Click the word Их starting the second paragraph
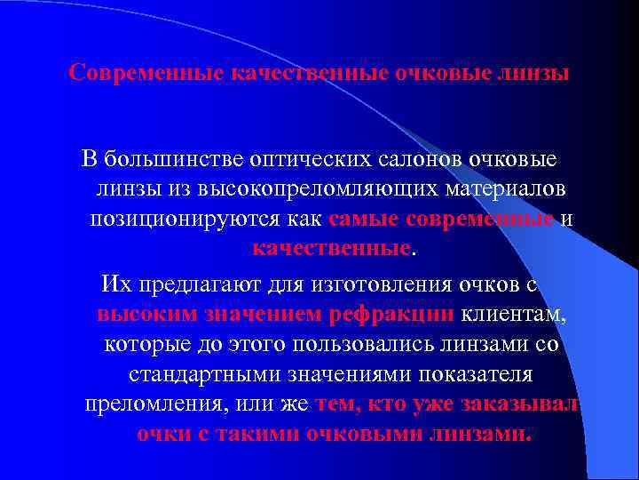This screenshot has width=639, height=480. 115,284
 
